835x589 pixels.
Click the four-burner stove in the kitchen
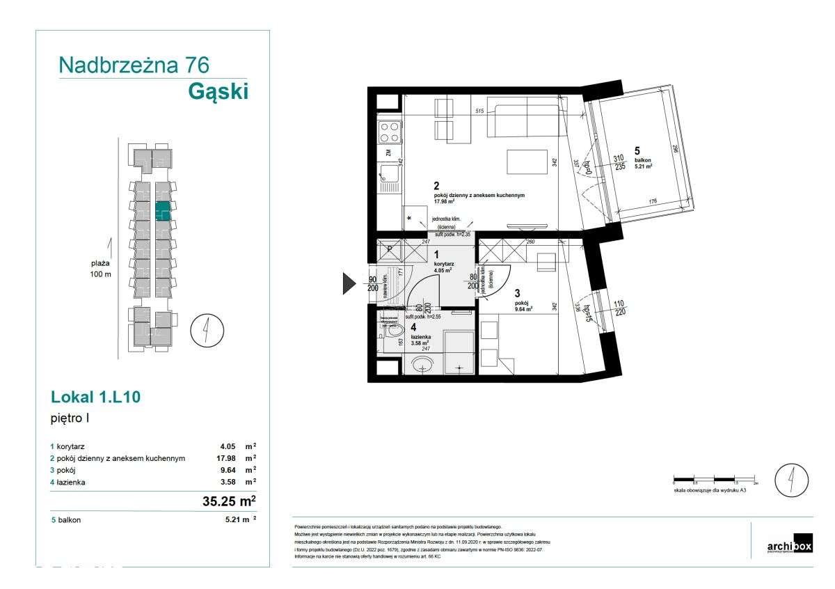[x=389, y=131]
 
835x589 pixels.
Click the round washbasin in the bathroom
[x=422, y=364]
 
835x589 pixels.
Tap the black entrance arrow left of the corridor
[x=349, y=283]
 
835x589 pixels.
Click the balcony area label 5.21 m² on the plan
[x=643, y=166]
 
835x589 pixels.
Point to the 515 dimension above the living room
[x=479, y=111]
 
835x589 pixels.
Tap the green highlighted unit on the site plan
[x=162, y=211]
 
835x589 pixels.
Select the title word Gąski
[x=218, y=91]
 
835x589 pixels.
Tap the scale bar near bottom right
[x=715, y=480]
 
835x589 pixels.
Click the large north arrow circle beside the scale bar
[x=791, y=480]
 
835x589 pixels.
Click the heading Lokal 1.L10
[x=97, y=398]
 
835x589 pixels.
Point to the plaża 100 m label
[x=101, y=269]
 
